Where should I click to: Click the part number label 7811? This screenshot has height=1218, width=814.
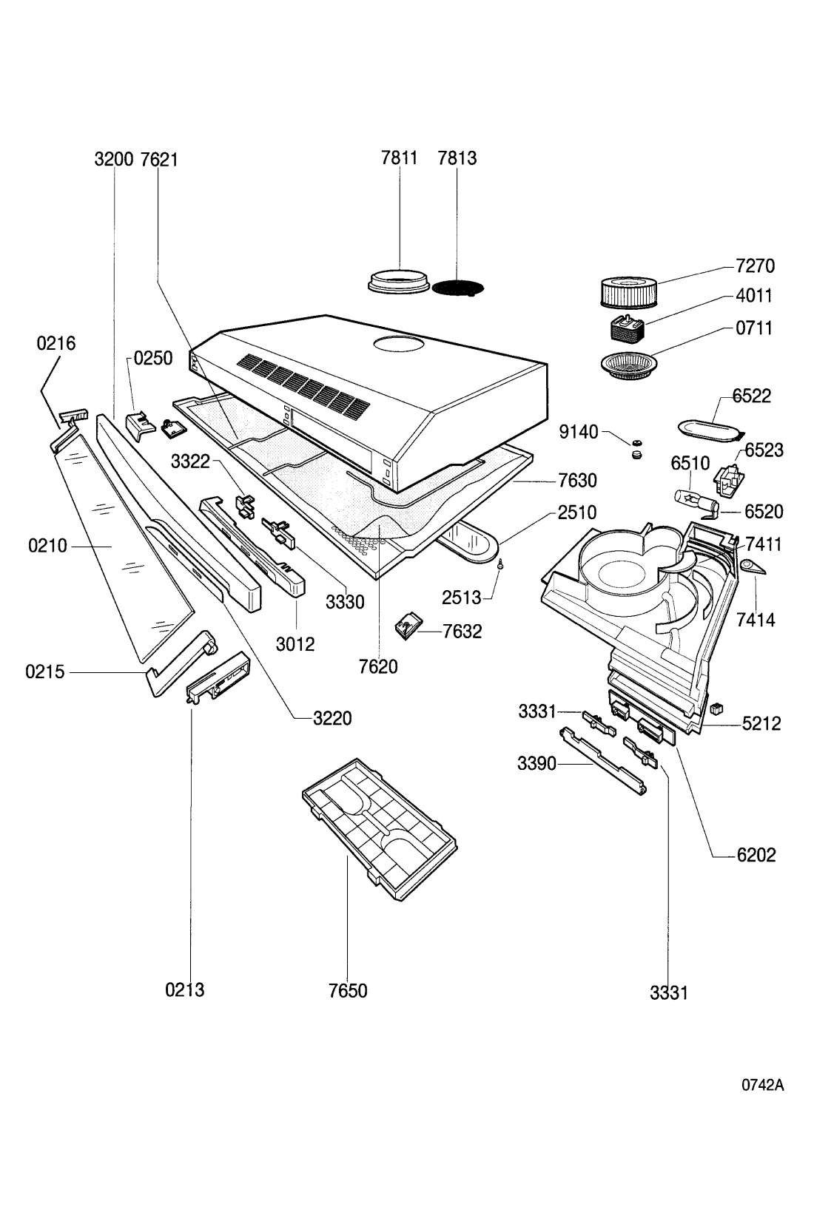click(x=400, y=158)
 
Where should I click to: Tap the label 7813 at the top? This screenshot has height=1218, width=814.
click(x=457, y=158)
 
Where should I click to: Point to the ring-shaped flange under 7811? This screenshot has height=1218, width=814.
click(x=400, y=281)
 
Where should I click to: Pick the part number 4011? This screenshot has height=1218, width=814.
click(x=754, y=296)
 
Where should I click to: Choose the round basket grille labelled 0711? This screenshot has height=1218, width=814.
click(x=626, y=365)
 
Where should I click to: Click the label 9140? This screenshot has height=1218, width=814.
click(x=578, y=432)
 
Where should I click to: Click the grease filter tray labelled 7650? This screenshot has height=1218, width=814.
click(x=379, y=828)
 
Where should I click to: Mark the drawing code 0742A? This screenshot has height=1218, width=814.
click(x=762, y=1086)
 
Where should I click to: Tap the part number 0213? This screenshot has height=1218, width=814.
click(x=185, y=989)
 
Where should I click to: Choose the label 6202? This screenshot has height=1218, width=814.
click(x=756, y=855)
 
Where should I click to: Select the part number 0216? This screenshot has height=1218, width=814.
click(x=56, y=343)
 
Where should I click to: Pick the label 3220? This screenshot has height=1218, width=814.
click(x=332, y=717)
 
